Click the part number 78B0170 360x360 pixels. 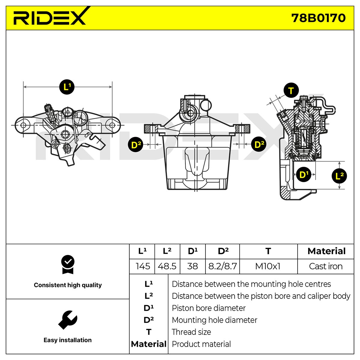(x=318, y=18)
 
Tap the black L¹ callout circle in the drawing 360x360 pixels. (x=67, y=87)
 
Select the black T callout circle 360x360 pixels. (x=291, y=90)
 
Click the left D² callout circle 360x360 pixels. (x=136, y=144)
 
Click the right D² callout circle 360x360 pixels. (x=259, y=144)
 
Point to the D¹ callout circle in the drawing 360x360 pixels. (x=304, y=175)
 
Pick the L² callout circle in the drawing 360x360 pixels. (x=339, y=176)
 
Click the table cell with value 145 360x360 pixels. (x=142, y=266)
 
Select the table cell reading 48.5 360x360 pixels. (x=167, y=266)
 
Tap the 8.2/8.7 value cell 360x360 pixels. (x=223, y=266)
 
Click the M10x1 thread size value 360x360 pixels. (x=268, y=266)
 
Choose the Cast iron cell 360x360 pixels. (x=325, y=266)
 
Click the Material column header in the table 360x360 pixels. (x=326, y=251)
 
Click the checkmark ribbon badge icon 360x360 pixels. (x=67, y=264)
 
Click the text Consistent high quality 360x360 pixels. (x=67, y=285)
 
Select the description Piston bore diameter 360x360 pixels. (x=208, y=308)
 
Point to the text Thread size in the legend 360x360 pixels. (x=191, y=332)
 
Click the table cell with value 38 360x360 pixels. (x=193, y=266)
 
